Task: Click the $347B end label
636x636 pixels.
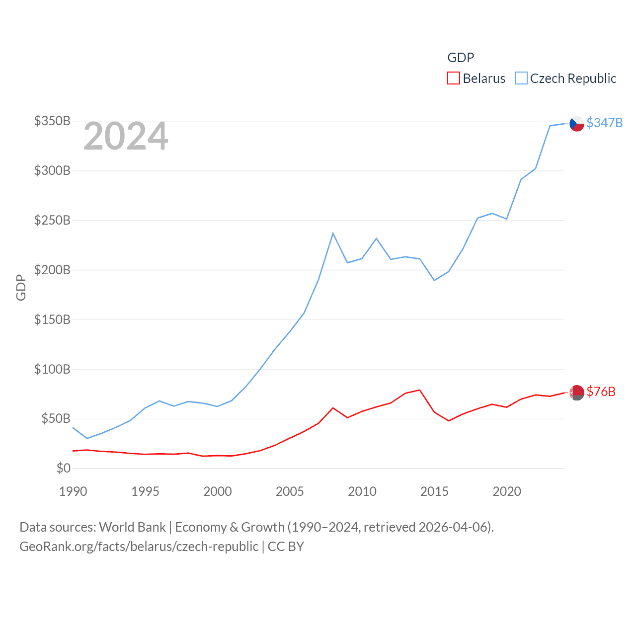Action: [604, 123]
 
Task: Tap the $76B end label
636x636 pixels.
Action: [601, 392]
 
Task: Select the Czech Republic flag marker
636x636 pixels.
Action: [577, 124]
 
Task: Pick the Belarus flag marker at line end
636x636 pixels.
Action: [577, 393]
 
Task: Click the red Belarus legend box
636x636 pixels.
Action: [453, 79]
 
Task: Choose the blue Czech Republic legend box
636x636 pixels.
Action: [521, 79]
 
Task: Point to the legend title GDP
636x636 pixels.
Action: [461, 58]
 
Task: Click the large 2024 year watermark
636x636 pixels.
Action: [126, 136]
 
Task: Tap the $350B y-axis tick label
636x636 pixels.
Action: [52, 121]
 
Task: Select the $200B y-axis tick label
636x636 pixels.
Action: [52, 270]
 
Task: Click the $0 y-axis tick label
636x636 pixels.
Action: [63, 468]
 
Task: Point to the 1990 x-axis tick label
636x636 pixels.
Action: [73, 491]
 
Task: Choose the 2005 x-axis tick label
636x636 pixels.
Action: [290, 491]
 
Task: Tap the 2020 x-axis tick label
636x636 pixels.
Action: [507, 491]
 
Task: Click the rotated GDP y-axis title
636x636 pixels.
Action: [21, 287]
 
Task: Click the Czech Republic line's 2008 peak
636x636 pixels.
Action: [333, 233]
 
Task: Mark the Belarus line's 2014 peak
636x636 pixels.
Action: [420, 390]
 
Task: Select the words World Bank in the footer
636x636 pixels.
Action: [132, 527]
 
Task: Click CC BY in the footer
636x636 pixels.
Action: [286, 547]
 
